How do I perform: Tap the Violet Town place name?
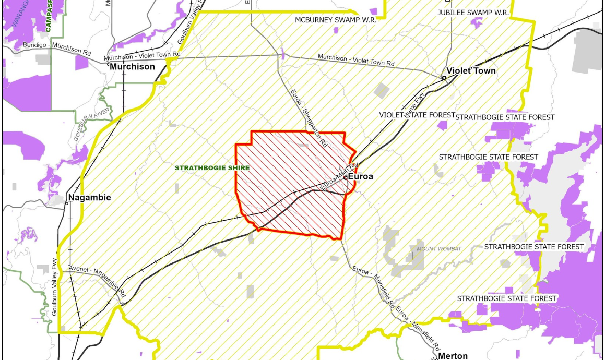click(x=471, y=71)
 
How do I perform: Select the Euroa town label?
click(x=361, y=177)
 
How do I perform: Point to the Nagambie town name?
click(x=89, y=198)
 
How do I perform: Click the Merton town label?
click(x=453, y=356)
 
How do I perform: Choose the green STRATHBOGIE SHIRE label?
click(x=212, y=168)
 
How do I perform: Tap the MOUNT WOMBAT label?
click(x=439, y=249)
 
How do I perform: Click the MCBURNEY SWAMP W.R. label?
click(x=336, y=20)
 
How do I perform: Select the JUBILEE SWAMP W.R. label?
click(x=472, y=11)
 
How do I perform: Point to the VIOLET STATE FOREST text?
click(x=414, y=115)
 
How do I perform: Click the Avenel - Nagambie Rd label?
click(x=98, y=282)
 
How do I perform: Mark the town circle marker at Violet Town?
click(x=444, y=78)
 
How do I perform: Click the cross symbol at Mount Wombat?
click(x=412, y=256)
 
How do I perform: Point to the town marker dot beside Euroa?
click(x=346, y=177)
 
